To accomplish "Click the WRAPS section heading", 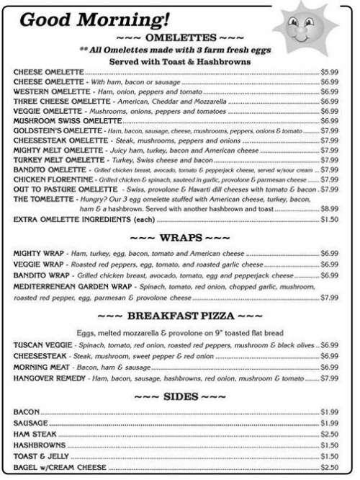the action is coord(179,236).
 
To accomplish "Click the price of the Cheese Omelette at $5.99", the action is coord(329,73).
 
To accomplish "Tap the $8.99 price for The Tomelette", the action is coord(329,208).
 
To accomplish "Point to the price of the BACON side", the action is coord(329,412).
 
